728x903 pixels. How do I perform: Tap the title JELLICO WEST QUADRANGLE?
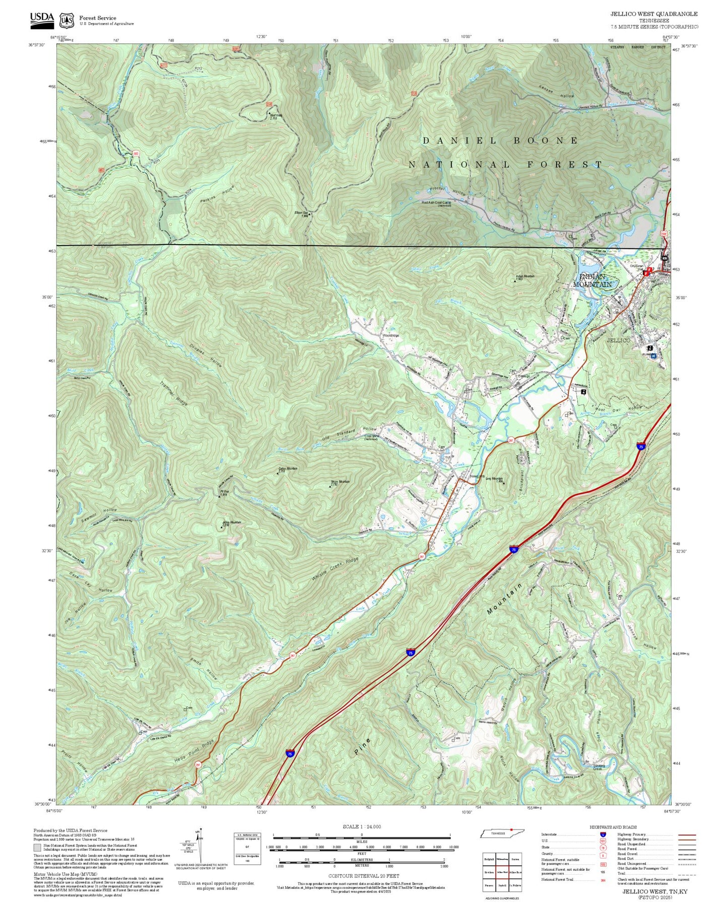coord(654,14)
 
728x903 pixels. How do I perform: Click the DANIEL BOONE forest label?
coord(500,140)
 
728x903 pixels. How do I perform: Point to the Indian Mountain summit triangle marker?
coord(514,280)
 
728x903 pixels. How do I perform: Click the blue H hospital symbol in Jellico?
coord(654,355)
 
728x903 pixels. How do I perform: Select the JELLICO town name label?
coord(618,340)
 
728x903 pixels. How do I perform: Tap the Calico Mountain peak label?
coord(288,469)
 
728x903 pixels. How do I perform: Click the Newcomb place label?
coord(477,476)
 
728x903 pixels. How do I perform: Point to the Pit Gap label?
coord(224,491)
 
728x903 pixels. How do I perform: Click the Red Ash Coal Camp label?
coord(436,202)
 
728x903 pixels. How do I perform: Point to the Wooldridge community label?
coord(390,335)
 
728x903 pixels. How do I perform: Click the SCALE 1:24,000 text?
coord(361,826)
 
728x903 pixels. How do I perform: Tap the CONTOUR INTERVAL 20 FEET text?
coord(361,876)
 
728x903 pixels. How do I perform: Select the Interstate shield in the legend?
coord(603,834)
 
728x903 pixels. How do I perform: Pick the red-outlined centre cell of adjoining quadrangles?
coord(502,872)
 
